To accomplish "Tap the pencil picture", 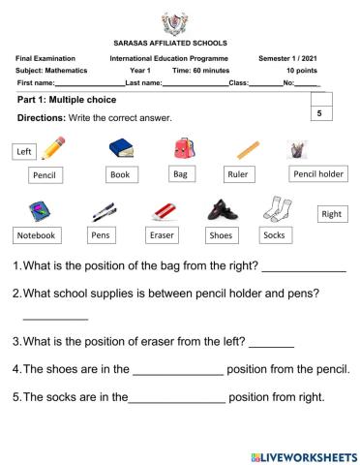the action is [55, 146].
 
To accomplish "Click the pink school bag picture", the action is [181, 147].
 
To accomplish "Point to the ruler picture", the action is [248, 150].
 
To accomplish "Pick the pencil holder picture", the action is [297, 149].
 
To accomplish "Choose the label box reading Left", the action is [24, 152].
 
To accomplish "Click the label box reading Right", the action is [331, 213].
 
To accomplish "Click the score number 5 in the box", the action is [318, 114].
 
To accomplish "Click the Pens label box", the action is [101, 235].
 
